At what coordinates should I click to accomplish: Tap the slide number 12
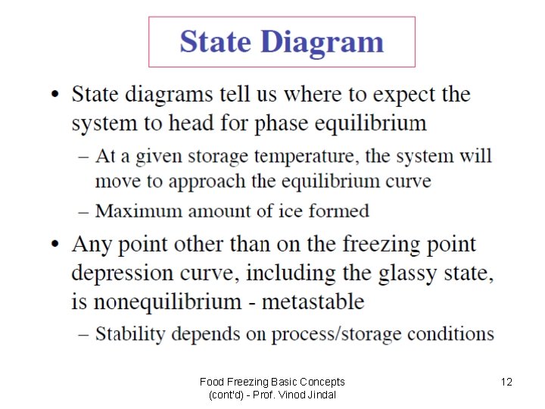coord(506,382)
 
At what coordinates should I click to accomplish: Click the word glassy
coord(398,273)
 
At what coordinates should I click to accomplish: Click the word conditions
coord(450,333)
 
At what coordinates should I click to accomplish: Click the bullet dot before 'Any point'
coord(54,245)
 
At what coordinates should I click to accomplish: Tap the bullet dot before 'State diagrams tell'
coord(54,95)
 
